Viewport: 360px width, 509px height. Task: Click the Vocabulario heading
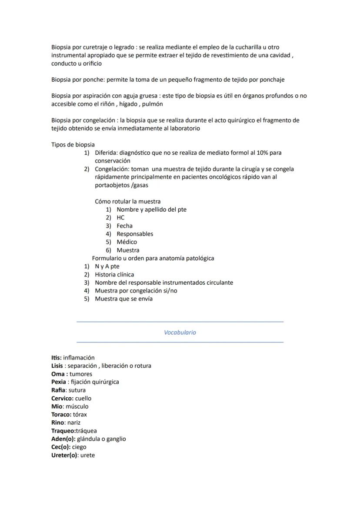(x=180, y=333)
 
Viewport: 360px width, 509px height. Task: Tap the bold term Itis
(x=56, y=358)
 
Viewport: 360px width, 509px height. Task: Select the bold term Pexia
(x=59, y=382)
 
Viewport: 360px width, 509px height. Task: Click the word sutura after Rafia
(x=77, y=390)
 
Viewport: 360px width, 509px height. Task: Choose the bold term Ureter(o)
(x=64, y=455)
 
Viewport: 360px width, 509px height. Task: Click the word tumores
(x=81, y=374)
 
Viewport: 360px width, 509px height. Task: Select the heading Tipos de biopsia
(x=73, y=145)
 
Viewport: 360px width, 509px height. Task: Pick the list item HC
(x=120, y=217)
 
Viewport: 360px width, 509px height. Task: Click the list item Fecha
(x=124, y=226)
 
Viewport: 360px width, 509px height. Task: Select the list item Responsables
(x=135, y=234)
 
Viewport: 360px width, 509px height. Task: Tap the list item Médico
(x=127, y=242)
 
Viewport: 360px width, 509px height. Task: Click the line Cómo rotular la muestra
(x=127, y=201)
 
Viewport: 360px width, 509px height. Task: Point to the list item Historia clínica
(x=114, y=275)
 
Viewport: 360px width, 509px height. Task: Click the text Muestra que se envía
(x=123, y=299)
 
